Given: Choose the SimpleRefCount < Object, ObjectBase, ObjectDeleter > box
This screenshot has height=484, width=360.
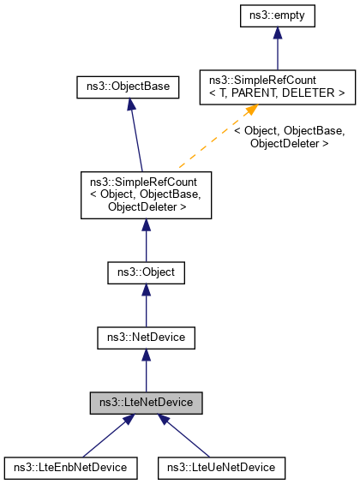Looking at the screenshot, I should tap(146, 194).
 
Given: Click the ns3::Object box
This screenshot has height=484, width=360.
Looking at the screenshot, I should tap(146, 272).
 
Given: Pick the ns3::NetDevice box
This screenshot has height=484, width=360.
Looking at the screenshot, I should tap(146, 338).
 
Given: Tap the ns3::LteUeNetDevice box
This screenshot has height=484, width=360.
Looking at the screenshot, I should tap(221, 469).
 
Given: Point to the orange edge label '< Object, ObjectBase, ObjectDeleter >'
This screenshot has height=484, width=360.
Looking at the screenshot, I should tap(290, 137).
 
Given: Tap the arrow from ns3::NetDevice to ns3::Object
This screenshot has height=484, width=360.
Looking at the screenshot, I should tap(146, 305).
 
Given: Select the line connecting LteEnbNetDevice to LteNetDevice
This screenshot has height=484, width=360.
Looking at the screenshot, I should tap(105, 439).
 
